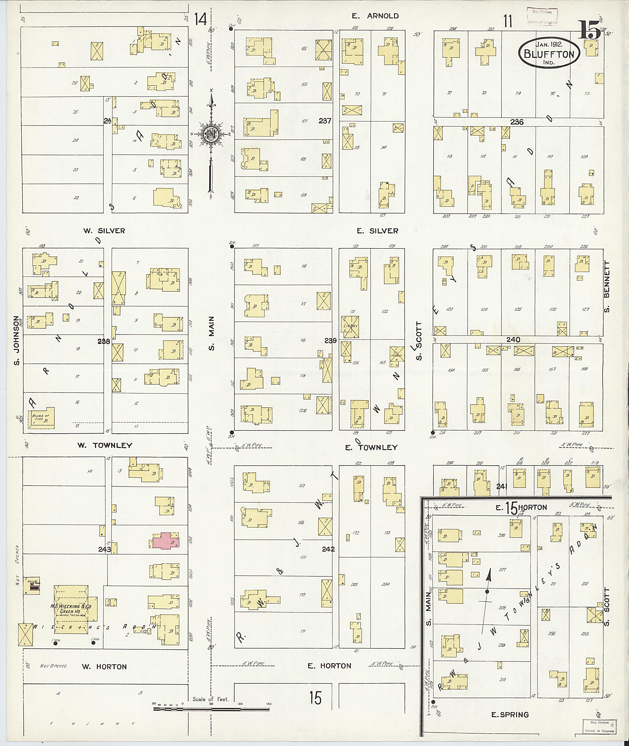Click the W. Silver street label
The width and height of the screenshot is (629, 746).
click(x=104, y=231)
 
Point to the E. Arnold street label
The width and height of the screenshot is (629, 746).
click(x=375, y=16)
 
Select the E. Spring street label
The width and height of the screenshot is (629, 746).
click(x=510, y=714)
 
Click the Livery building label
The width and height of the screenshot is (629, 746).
click(x=350, y=326)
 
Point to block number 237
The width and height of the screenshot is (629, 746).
click(x=325, y=121)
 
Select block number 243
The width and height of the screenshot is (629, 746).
click(x=104, y=549)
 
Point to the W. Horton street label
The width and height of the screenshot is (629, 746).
click(x=104, y=666)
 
